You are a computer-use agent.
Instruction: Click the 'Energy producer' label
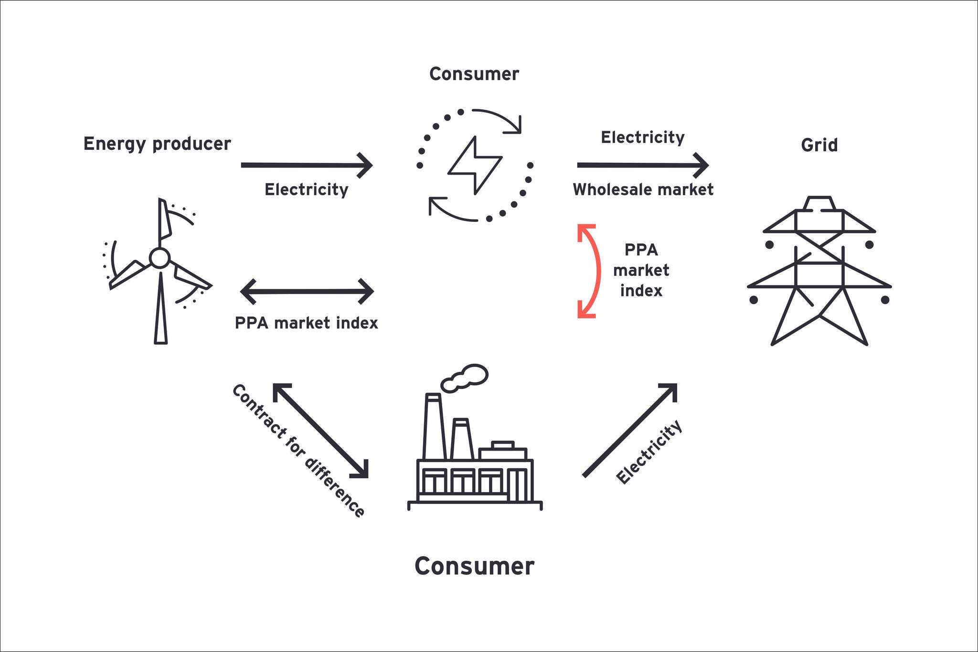(x=157, y=144)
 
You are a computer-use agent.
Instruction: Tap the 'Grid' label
(x=819, y=145)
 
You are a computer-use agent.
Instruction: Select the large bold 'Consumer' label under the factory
(x=474, y=567)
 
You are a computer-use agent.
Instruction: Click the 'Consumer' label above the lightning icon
(x=474, y=74)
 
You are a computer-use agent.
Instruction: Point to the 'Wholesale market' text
(x=643, y=190)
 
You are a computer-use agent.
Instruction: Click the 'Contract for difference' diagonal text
(x=299, y=451)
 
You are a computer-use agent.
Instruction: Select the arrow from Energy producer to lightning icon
(x=306, y=165)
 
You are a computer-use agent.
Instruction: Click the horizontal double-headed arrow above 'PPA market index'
(x=307, y=291)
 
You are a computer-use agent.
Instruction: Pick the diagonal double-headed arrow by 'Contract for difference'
(x=320, y=430)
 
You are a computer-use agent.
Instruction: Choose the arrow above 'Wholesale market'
(x=642, y=165)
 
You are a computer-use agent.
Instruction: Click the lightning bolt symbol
(x=475, y=165)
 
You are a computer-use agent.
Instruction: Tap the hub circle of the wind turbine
(x=159, y=258)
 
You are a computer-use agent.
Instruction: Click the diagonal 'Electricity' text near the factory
(x=649, y=452)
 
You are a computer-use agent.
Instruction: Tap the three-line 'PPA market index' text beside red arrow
(x=641, y=271)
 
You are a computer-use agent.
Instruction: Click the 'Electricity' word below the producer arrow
(x=306, y=190)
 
